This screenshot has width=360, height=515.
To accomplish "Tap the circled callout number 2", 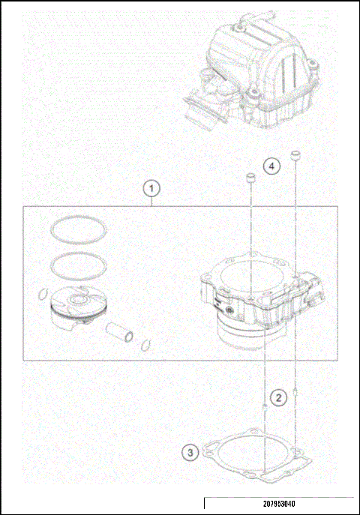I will pos(278,397).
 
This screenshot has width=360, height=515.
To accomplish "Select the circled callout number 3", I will pos(191,452).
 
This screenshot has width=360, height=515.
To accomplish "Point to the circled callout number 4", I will pos(271,165).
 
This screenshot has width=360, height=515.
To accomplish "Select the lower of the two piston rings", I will pos(77,264).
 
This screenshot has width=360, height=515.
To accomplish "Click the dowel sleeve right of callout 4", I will pos(297,155).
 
